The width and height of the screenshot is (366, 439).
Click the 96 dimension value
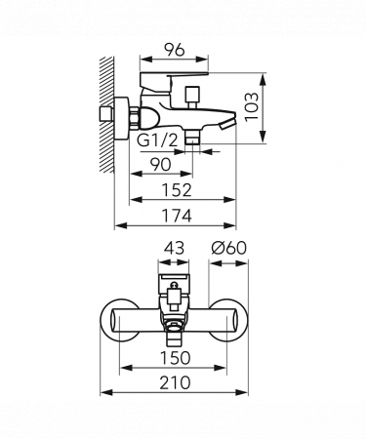(174, 50)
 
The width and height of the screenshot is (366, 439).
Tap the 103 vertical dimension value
(252, 107)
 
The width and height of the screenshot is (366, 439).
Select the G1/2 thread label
(157, 140)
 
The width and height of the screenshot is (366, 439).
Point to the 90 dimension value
(161, 165)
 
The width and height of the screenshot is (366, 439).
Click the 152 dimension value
(178, 190)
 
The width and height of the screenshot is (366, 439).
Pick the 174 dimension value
(177, 216)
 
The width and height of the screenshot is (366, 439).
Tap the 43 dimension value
(174, 249)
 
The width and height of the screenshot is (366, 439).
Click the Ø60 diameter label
(228, 248)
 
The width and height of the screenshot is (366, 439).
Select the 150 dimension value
(176, 358)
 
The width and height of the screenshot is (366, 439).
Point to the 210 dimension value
(175, 382)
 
